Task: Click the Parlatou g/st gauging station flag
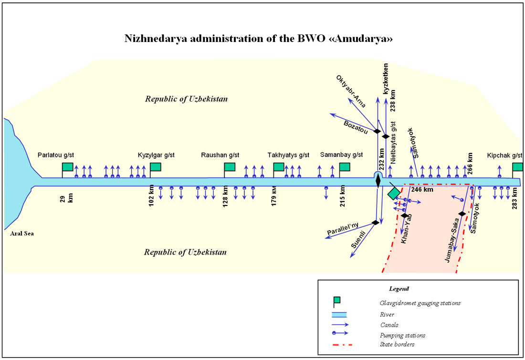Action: pos(67,167)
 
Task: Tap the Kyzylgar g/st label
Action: pos(156,155)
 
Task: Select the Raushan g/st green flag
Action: pos(230,167)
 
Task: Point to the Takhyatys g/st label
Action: pos(288,155)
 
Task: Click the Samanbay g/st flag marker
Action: pos(345,167)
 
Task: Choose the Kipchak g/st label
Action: pos(505,155)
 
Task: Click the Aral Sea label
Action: pos(22,234)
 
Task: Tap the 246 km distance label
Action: pos(422,190)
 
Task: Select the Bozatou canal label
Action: pos(355,126)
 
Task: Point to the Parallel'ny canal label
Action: pos(342,229)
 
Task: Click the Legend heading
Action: pos(399,289)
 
